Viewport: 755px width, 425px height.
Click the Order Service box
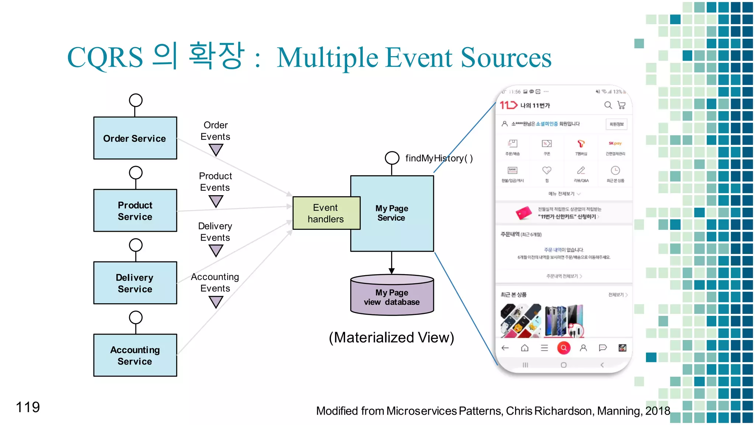135,138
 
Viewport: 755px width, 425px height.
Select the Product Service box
135,210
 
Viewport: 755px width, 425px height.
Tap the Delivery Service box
135,283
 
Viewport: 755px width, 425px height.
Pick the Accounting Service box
135,355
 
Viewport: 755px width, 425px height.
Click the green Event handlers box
326,213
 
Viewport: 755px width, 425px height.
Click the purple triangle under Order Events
216,149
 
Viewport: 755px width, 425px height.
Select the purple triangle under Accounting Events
216,302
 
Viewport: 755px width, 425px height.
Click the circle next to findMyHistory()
392,158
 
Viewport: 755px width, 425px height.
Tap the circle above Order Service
136,100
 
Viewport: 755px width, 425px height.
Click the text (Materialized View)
391,337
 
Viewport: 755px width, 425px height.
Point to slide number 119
28,407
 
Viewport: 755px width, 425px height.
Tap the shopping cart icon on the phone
622,105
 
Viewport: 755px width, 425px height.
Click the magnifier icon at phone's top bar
608,105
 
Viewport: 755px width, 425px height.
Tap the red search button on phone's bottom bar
564,348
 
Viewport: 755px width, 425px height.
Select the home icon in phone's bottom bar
525,348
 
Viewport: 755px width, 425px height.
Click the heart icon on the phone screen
547,170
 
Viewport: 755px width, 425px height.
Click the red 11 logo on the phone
508,105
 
